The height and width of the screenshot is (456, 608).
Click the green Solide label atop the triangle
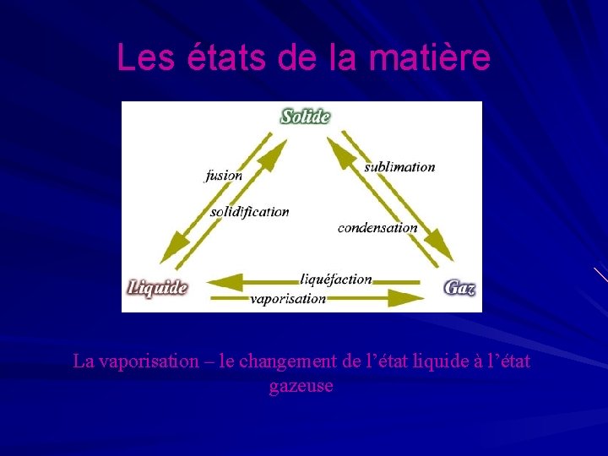coord(305,116)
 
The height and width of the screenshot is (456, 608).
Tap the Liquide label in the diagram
coord(157,287)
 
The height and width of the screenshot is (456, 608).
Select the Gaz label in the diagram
coord(459,287)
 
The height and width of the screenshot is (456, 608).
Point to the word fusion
coord(224,176)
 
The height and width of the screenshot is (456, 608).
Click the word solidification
coord(250,212)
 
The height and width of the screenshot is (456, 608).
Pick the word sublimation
coord(399,167)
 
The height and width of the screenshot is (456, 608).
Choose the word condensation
coord(377,227)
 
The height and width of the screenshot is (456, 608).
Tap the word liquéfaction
coord(335,279)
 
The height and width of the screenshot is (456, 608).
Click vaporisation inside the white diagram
coord(288,298)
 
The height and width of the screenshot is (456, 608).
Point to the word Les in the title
coord(139,57)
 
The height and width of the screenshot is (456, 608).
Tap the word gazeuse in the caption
coord(301,386)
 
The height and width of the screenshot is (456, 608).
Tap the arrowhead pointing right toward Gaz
coord(410,297)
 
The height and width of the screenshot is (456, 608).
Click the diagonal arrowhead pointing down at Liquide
coord(174,249)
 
